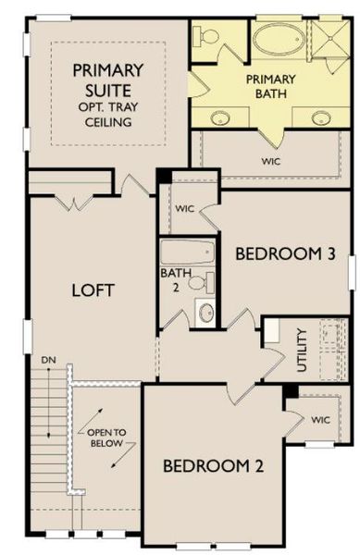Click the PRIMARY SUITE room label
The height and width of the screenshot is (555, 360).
click(x=108, y=80)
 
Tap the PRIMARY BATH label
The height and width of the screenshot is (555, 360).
click(x=269, y=86)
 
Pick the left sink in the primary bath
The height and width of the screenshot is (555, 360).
click(x=221, y=117)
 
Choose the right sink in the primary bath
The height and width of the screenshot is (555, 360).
click(x=321, y=117)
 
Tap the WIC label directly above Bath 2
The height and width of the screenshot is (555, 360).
click(x=184, y=208)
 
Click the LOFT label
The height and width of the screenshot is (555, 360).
click(x=93, y=290)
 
